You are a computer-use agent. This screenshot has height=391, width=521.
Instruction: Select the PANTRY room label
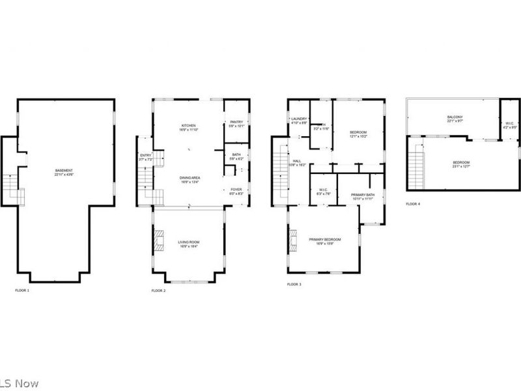coord(236,122)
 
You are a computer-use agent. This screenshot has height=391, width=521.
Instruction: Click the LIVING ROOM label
coord(189,242)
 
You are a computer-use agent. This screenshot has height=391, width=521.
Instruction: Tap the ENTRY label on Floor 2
coord(145,156)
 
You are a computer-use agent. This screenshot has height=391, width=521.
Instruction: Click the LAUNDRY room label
coord(298,118)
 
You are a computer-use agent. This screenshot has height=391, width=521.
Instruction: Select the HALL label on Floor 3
coord(296,160)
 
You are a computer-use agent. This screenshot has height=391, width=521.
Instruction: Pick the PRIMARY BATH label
coord(362,195)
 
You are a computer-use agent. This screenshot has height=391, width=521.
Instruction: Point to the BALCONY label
coord(455,117)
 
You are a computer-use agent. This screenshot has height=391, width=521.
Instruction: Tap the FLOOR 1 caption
coord(22,290)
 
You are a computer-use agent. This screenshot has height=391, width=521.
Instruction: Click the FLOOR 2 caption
coord(158,290)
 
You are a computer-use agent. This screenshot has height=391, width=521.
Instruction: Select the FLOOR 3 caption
coord(294,285)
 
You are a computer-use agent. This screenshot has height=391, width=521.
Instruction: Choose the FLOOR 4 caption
coord(413,204)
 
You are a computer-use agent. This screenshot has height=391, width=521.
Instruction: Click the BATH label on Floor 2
coord(236,154)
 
